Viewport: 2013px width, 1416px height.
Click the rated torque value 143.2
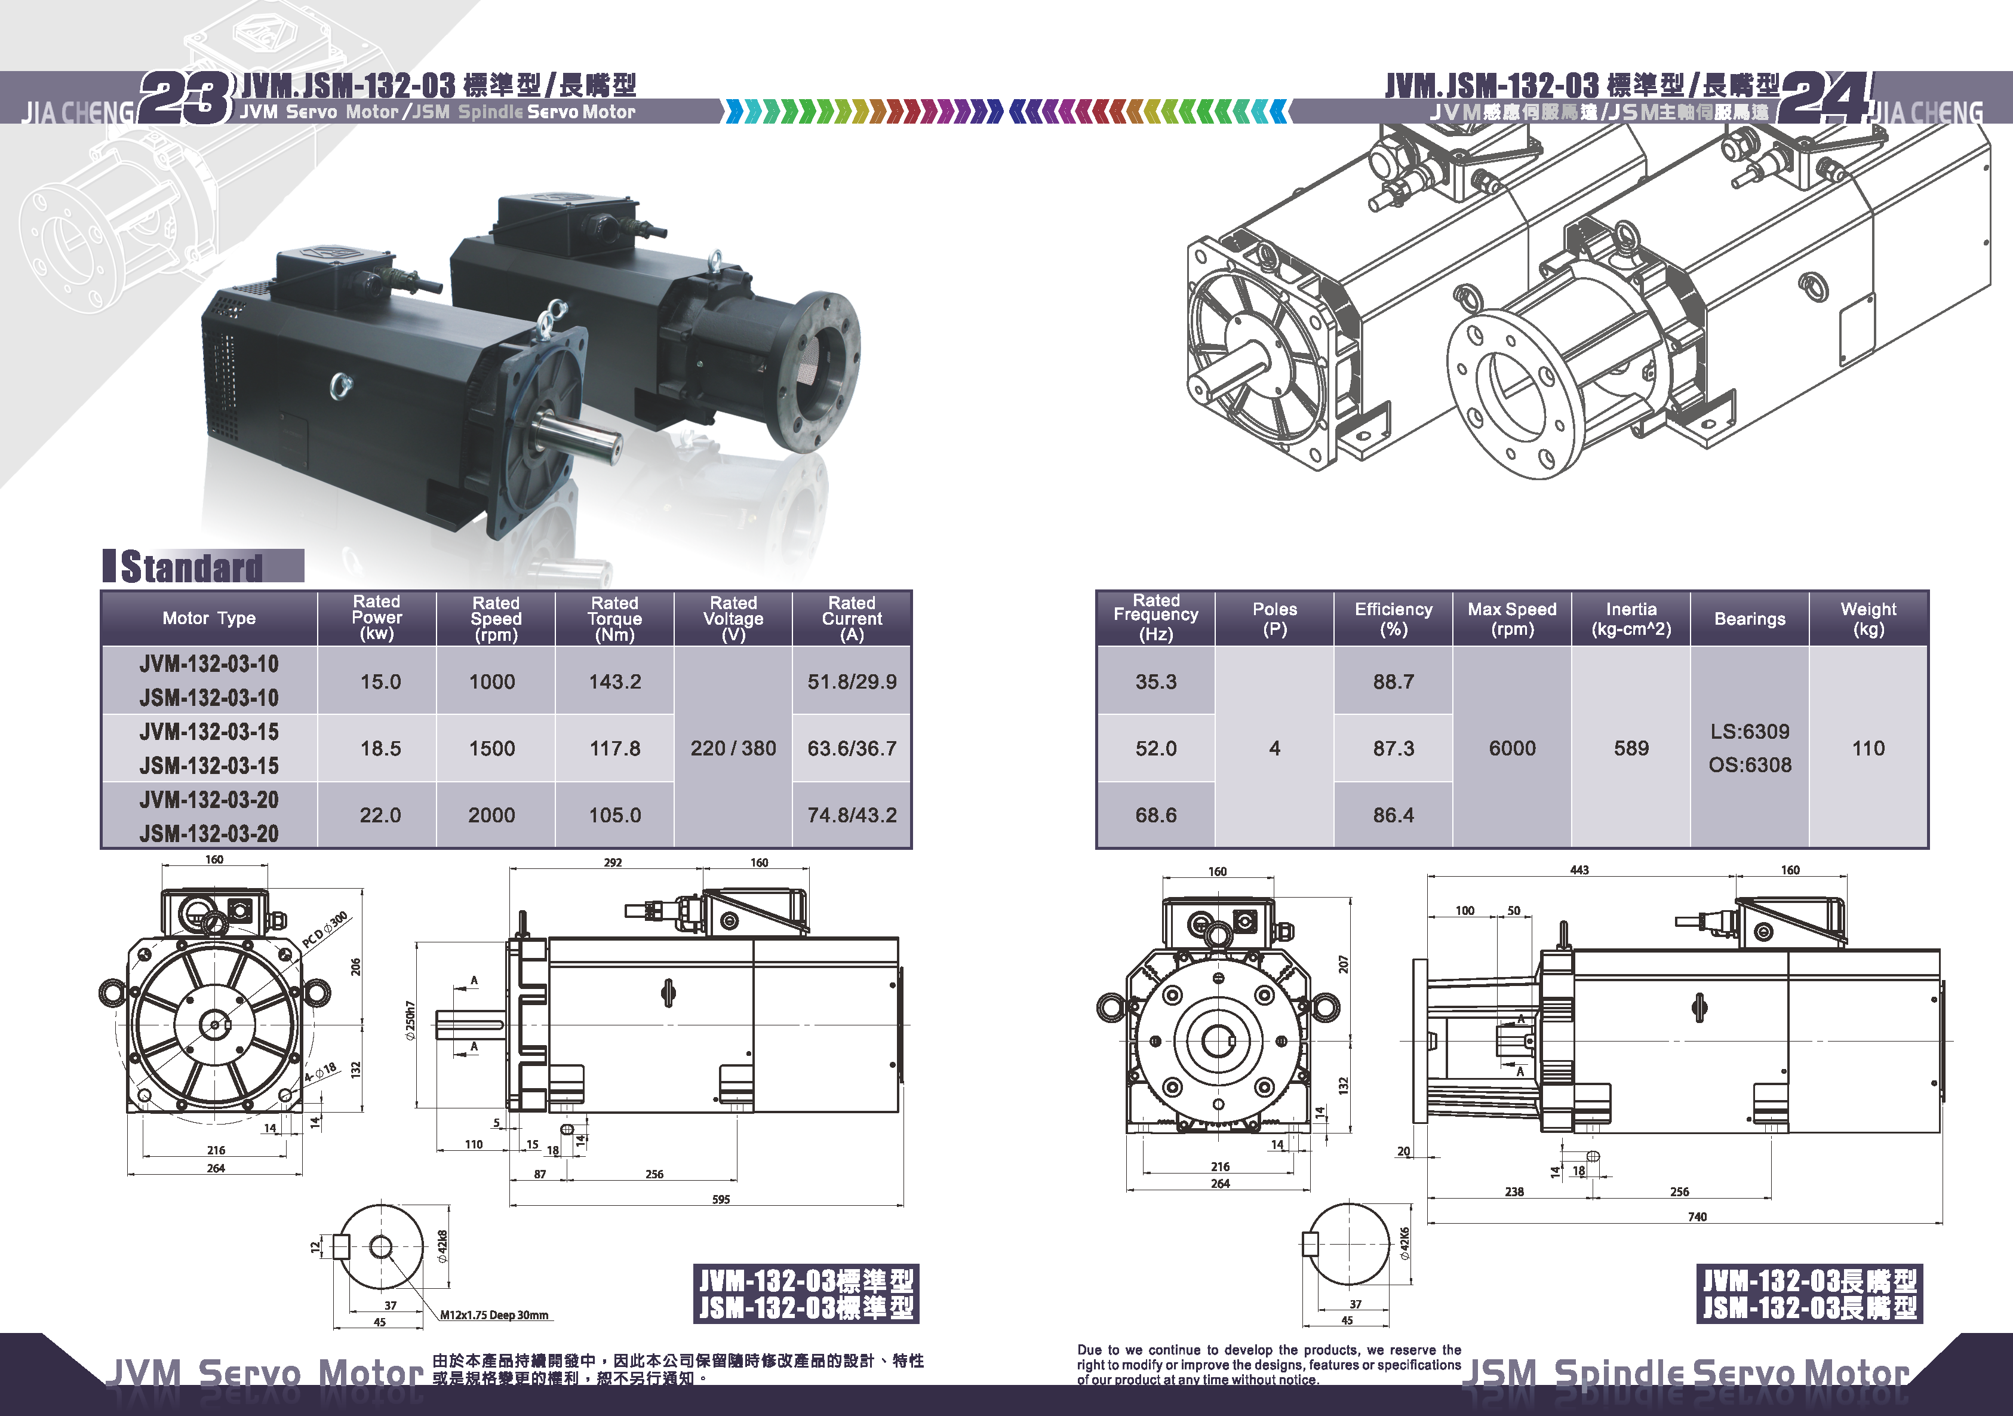pyautogui.click(x=614, y=681)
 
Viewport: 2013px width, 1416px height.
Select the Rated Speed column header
pyautogui.click(x=496, y=618)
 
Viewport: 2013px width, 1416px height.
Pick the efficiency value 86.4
pyautogui.click(x=1393, y=815)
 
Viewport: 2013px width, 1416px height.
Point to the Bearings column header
pyautogui.click(x=1750, y=618)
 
